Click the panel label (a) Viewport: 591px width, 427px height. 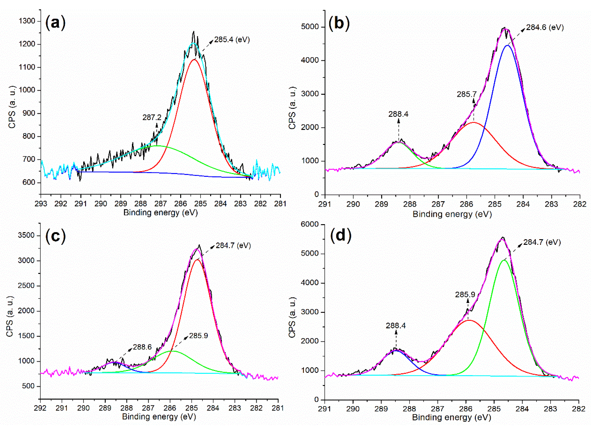point(55,23)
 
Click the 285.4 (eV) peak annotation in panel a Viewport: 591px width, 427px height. point(232,40)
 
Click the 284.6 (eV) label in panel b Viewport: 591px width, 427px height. point(545,27)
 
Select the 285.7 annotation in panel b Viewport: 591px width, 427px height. point(466,94)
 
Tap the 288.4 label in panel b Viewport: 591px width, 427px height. point(398,114)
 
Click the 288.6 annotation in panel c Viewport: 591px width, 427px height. point(142,347)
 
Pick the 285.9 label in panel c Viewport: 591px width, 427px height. point(198,335)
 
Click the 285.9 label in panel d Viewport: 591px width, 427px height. point(465,295)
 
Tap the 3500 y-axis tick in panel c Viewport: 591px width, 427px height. point(26,235)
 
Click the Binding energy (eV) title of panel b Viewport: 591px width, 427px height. point(452,214)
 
